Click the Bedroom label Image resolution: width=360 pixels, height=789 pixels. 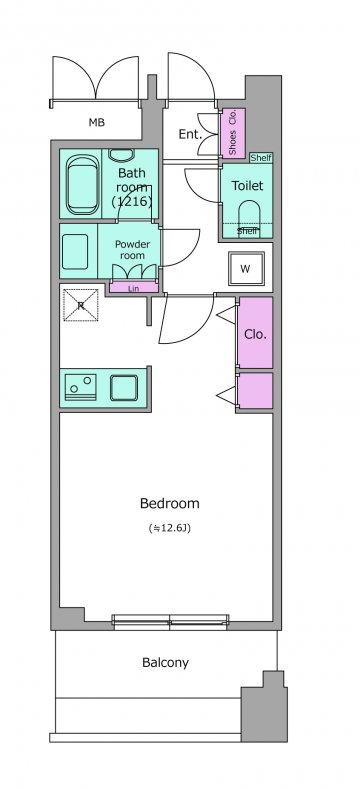(170, 503)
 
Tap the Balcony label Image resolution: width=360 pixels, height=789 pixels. (166, 663)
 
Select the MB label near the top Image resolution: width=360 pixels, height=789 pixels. (97, 122)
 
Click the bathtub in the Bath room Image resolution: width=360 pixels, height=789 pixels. (83, 184)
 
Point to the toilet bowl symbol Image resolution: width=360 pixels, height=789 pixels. (249, 216)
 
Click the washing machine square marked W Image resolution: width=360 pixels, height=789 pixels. (246, 269)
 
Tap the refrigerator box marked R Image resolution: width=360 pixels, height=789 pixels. (81, 305)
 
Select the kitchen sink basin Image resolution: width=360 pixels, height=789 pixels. (124, 388)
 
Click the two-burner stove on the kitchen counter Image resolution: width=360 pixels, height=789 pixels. (81, 387)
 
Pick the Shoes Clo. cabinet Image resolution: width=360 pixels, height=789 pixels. (233, 133)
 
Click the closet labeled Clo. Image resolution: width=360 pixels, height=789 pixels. (255, 333)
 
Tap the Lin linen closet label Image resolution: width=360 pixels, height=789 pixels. (133, 289)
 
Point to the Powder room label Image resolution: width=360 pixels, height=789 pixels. (132, 250)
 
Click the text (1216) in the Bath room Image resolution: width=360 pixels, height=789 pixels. (132, 202)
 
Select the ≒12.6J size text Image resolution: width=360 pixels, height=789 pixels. (170, 528)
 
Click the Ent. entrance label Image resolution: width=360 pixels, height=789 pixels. (190, 134)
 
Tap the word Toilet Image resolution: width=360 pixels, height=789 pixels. (247, 186)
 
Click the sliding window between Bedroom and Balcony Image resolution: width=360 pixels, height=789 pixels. (170, 622)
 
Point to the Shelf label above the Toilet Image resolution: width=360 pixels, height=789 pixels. (261, 158)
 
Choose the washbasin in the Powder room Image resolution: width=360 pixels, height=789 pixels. (75, 251)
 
